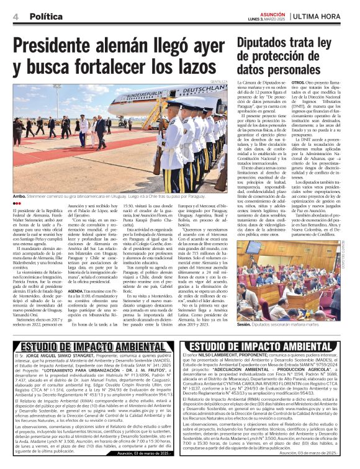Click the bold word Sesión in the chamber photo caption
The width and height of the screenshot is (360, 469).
(244, 324)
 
